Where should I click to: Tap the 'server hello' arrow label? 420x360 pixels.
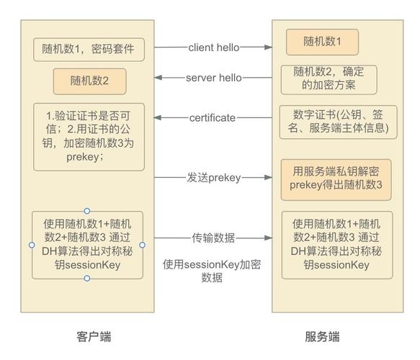pos(214,78)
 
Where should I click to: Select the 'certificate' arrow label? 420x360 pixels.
pos(212,117)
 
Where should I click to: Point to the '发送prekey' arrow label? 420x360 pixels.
pos(214,177)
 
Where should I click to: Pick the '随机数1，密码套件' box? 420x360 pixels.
pos(89,50)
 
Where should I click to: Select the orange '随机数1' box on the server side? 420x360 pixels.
pos(322,42)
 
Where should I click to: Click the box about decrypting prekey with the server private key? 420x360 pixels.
pos(336,179)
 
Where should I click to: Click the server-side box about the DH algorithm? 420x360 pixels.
pos(336,245)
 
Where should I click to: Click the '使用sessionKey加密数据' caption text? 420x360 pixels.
pos(212,271)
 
